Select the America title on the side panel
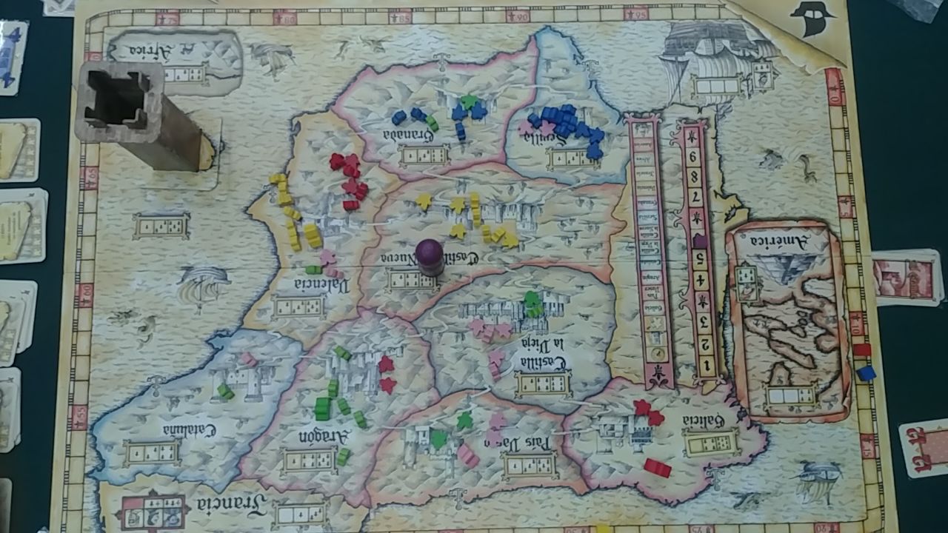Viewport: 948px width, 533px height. pyautogui.click(x=777, y=240)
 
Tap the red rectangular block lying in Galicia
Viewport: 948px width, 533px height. pyautogui.click(x=657, y=467)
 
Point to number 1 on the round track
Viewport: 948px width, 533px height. pyautogui.click(x=709, y=364)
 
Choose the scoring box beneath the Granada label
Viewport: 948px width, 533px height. pyautogui.click(x=424, y=156)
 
